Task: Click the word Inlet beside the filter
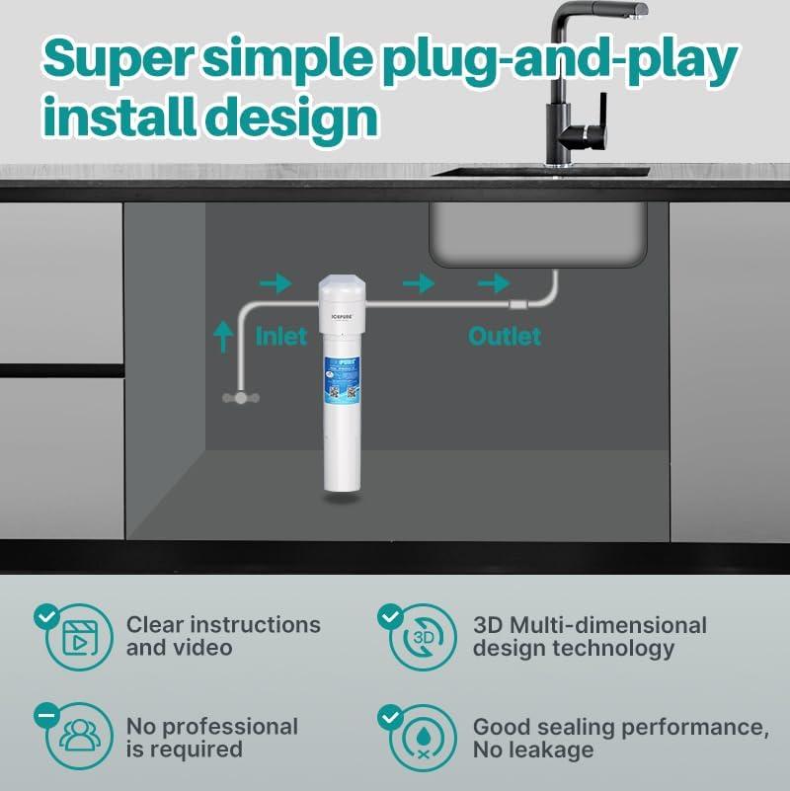[281, 337]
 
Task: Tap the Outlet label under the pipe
[504, 337]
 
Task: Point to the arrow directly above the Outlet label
[494, 283]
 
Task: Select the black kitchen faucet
[584, 89]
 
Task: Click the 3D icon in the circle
[423, 637]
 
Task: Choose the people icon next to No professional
[77, 736]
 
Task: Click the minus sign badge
[45, 713]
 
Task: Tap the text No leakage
[533, 751]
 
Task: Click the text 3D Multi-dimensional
[590, 625]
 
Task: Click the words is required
[184, 750]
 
